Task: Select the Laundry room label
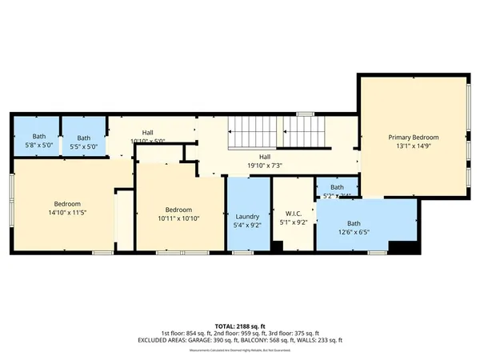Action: point(248,216)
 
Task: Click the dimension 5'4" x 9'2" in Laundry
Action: point(248,226)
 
